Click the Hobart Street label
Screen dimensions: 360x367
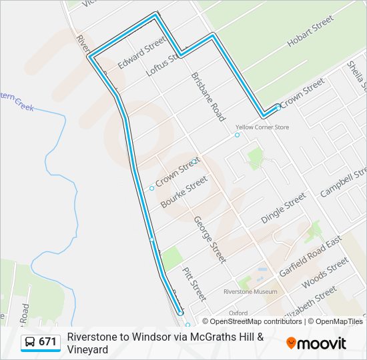(x=310, y=31)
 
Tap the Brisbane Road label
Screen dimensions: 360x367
(x=208, y=97)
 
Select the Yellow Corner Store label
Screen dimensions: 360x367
(x=262, y=127)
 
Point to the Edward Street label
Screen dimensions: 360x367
(x=141, y=53)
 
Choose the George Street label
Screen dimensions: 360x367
(x=209, y=239)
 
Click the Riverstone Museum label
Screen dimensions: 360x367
(x=250, y=292)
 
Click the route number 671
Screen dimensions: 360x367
(x=47, y=342)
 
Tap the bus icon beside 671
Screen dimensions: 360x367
(x=30, y=343)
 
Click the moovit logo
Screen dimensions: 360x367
(x=316, y=343)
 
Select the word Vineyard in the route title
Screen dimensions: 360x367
(x=87, y=349)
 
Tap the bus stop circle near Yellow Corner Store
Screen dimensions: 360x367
(x=237, y=135)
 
